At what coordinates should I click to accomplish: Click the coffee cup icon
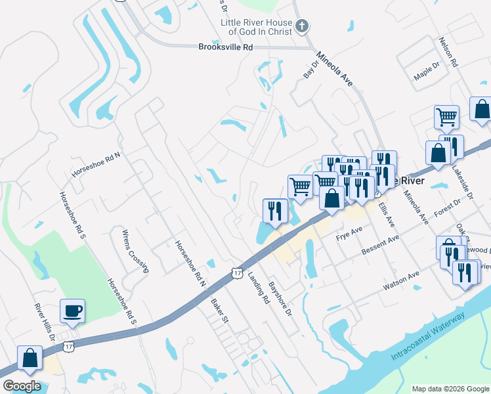point(72,311)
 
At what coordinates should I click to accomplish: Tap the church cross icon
point(301,26)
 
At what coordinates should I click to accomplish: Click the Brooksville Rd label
point(225,47)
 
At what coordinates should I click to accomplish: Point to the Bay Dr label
point(310,69)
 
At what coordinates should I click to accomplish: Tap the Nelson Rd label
point(450,52)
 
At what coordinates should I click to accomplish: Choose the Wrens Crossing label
point(135,250)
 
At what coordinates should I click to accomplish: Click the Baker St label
point(219,311)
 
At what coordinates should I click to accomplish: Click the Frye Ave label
point(349,234)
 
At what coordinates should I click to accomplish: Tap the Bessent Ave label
point(381,248)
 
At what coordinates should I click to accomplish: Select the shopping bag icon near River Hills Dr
point(30,358)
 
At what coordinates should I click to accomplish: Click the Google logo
point(22,386)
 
